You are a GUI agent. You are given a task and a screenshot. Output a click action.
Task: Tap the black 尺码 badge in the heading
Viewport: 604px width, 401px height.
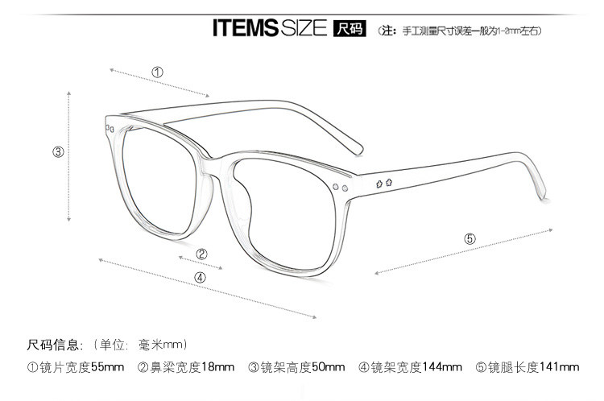click(x=349, y=30)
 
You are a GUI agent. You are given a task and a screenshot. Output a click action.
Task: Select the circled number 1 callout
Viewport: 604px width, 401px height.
click(x=158, y=72)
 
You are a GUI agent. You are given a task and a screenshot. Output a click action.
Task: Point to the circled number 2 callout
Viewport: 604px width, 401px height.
click(x=202, y=254)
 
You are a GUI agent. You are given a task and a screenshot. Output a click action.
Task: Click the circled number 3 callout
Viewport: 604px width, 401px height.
click(x=58, y=151)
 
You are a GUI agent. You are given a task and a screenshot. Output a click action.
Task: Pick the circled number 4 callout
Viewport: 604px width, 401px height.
click(x=200, y=278)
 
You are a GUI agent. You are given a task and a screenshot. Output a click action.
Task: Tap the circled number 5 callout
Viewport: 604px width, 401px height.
click(x=470, y=238)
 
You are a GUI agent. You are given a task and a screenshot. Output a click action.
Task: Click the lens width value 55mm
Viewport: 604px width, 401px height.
click(x=107, y=368)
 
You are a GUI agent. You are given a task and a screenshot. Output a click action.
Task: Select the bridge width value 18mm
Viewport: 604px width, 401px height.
click(x=218, y=368)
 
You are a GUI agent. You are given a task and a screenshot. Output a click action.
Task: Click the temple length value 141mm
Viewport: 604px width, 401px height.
click(x=561, y=368)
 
